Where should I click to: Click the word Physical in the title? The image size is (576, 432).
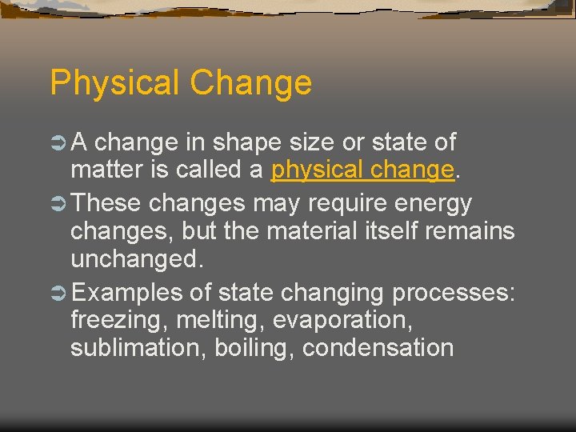click(115, 83)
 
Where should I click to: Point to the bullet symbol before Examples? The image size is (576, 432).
click(58, 293)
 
